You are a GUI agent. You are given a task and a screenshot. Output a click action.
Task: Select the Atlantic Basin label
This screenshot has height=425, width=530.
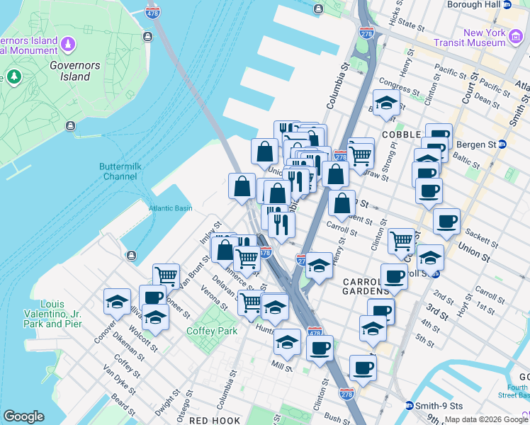click(x=170, y=208)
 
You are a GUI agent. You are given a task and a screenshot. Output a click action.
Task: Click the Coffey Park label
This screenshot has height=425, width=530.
click(x=211, y=331)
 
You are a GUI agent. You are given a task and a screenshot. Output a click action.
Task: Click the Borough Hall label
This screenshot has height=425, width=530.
click(x=474, y=4)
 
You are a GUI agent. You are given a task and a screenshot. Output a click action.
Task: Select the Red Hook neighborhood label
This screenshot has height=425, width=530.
click(x=215, y=420)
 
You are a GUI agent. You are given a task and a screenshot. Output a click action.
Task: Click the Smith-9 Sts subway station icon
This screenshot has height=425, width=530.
click(x=409, y=406)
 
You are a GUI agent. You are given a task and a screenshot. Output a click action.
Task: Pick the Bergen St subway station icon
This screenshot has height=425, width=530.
click(x=502, y=144)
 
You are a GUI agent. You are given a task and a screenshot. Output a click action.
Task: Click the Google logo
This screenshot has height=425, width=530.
click(x=23, y=416)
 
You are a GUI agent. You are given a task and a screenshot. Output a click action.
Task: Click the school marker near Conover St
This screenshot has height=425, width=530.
click(x=117, y=302)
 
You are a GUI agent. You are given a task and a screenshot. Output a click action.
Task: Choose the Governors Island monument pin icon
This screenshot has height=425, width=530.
click(x=67, y=44)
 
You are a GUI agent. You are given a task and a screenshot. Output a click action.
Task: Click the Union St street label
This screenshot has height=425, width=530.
click(x=473, y=249)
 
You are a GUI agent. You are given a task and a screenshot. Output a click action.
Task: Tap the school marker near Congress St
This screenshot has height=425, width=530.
click(x=386, y=103)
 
